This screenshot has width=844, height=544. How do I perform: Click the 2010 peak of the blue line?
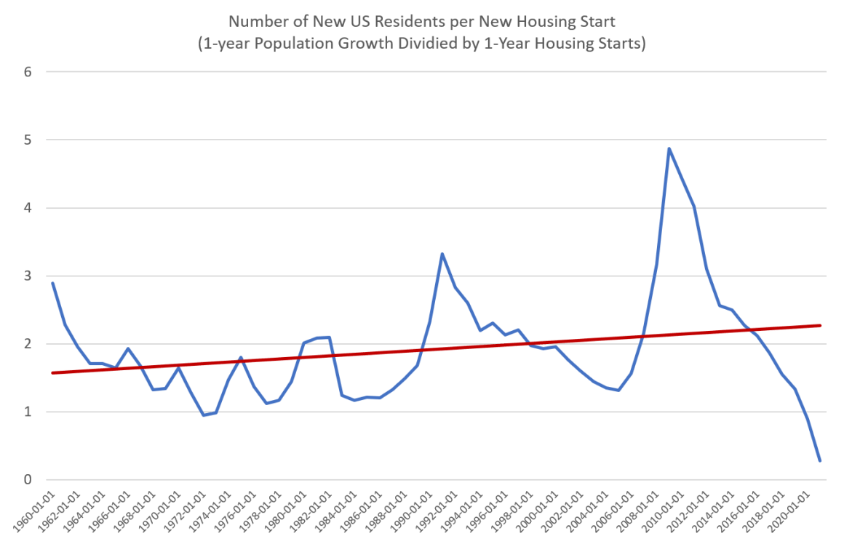coord(669,149)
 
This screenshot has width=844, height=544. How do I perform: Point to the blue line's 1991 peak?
coord(442,254)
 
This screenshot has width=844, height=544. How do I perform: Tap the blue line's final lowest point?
coord(820,460)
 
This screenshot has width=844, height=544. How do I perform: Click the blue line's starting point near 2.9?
coord(52,283)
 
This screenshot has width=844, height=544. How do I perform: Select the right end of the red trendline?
coord(820,325)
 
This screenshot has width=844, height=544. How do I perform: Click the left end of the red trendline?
coord(52,372)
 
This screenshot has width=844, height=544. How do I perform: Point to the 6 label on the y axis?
coord(28,72)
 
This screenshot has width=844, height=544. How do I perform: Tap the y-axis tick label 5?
coord(28,140)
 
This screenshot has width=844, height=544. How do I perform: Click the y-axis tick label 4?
coord(28,208)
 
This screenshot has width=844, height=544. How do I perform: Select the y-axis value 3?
coord(28,276)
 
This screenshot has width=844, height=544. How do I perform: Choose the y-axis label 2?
coord(28,344)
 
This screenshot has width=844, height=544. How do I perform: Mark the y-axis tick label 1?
coord(28,412)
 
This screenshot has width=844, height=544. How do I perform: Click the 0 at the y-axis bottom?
coord(28,480)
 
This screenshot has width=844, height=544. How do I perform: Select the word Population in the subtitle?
coord(290,44)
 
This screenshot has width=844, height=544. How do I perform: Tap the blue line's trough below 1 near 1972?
coord(204,415)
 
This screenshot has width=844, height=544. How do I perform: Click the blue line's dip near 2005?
coord(618,391)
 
